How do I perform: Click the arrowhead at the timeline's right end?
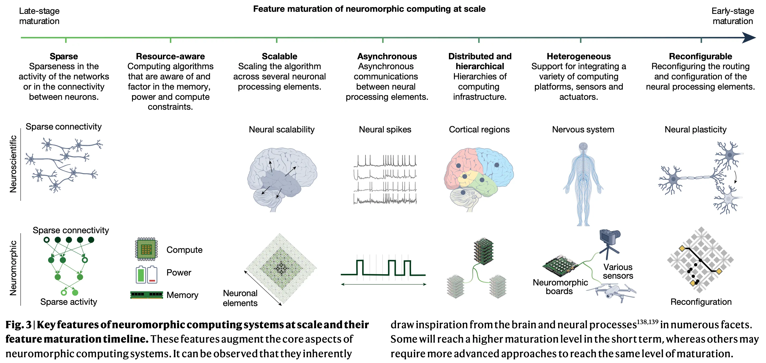click(x=749, y=38)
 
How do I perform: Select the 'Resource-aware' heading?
click(x=170, y=56)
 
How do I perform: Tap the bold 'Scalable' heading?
click(x=279, y=56)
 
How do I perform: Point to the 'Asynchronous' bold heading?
click(x=387, y=56)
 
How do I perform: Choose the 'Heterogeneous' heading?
click(x=579, y=56)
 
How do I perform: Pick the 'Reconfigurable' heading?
click(x=701, y=56)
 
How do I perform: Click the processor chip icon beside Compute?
click(x=146, y=249)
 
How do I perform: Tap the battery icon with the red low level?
click(x=152, y=274)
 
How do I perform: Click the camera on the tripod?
click(x=609, y=244)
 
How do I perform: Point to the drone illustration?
click(x=612, y=292)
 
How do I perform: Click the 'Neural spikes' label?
click(x=385, y=130)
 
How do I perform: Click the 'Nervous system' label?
click(x=583, y=130)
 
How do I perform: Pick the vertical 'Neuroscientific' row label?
click(x=13, y=164)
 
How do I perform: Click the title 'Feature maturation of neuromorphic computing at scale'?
click(x=369, y=9)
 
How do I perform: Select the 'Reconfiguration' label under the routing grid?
click(x=701, y=302)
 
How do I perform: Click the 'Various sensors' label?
click(x=618, y=271)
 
